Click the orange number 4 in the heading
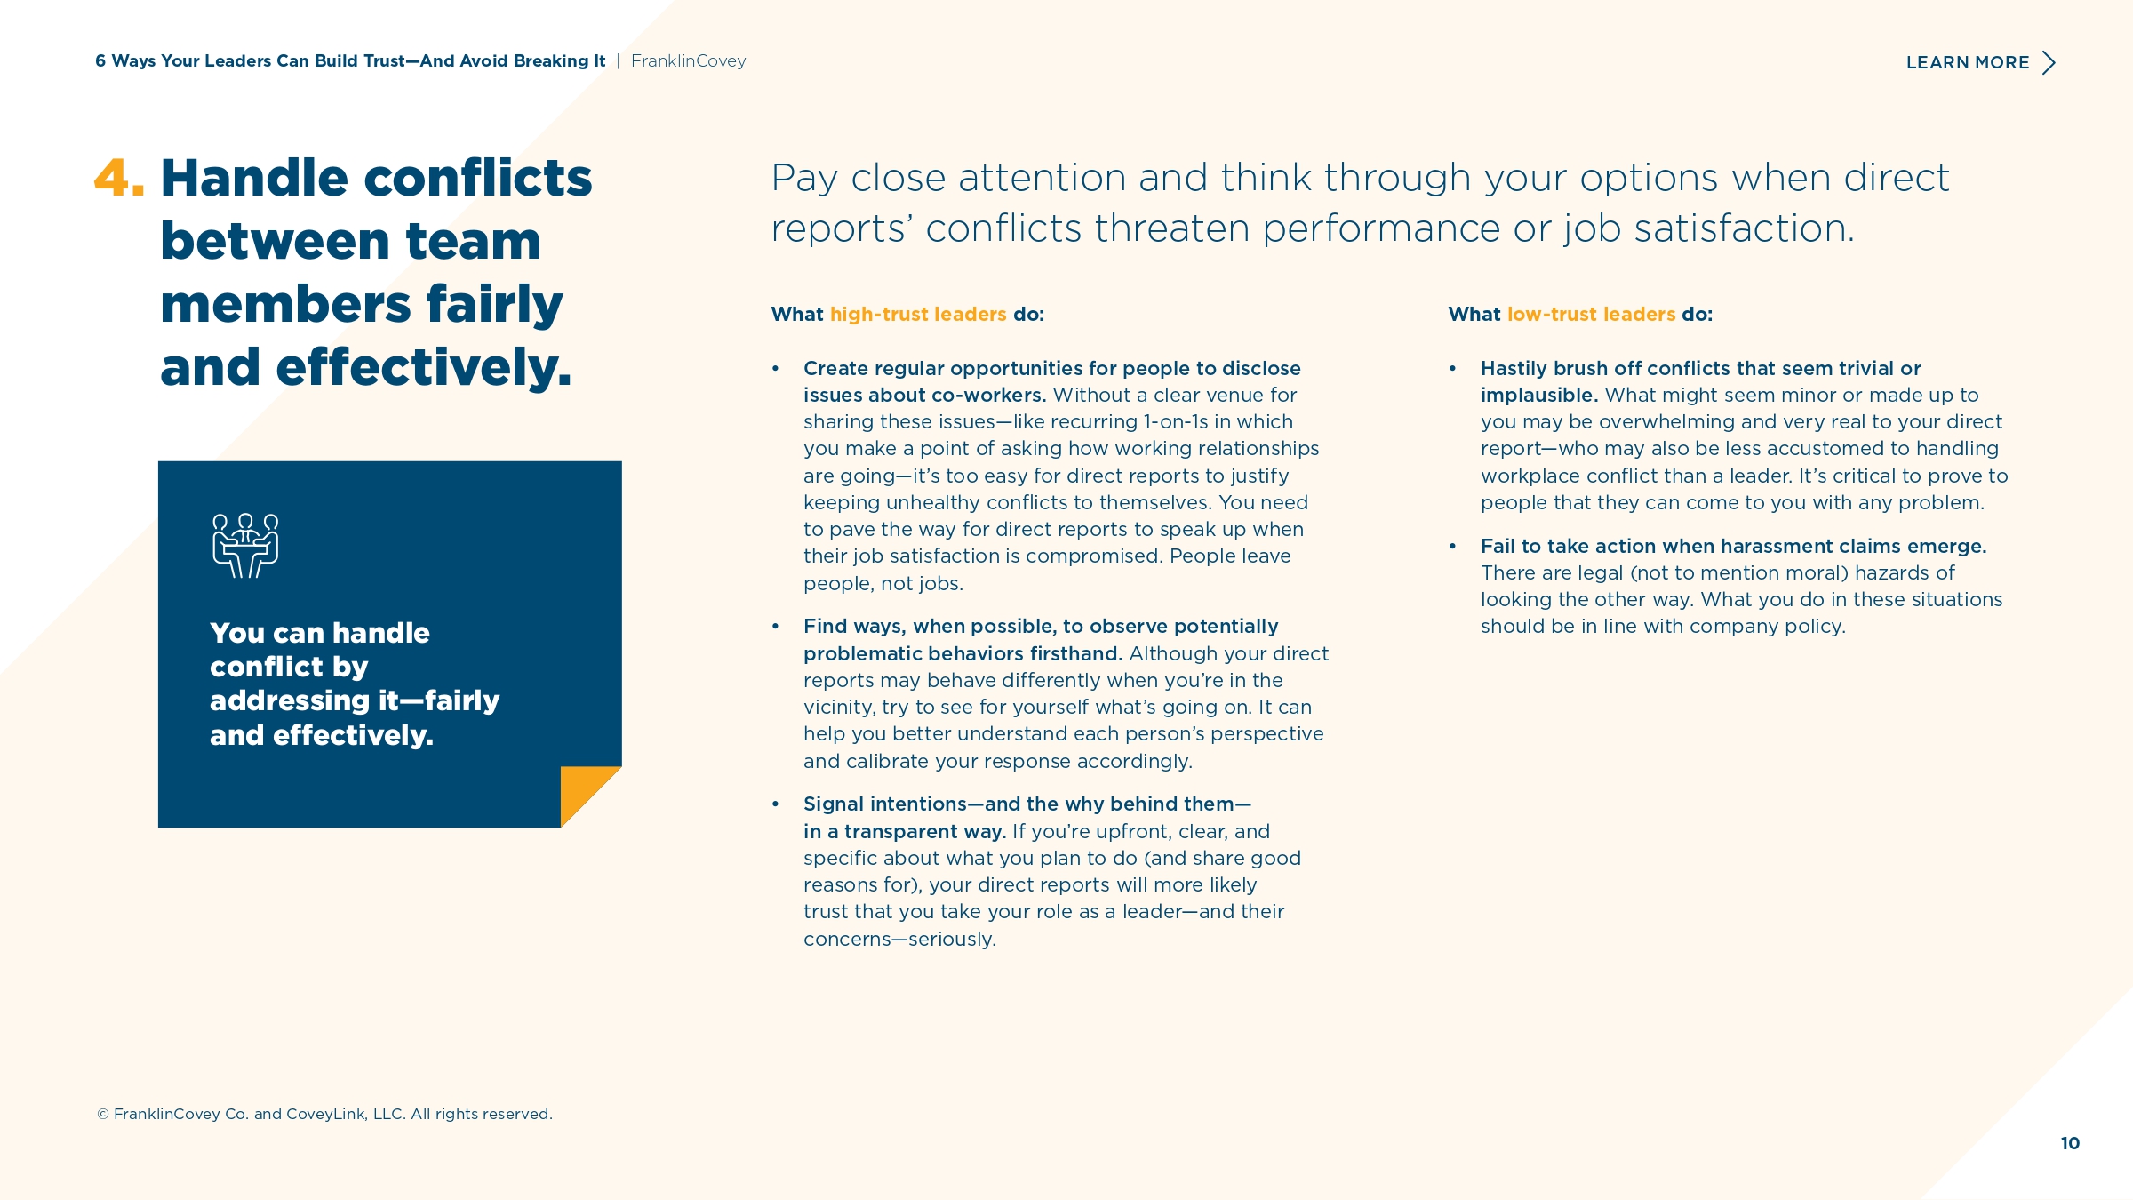coord(112,177)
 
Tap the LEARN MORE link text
coord(1968,63)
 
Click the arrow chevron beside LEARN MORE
coord(2049,63)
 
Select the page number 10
coord(2070,1143)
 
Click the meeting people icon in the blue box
coord(245,546)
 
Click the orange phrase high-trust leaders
coord(918,314)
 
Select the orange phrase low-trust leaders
coord(1591,314)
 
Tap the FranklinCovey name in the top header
coord(689,61)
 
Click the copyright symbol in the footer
coord(103,1115)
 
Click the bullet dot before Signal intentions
coord(776,804)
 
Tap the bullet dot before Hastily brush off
coord(1453,369)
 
